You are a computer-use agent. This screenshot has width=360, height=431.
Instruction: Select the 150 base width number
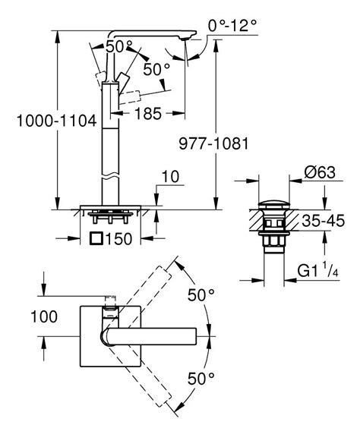pyautogui.click(x=122, y=239)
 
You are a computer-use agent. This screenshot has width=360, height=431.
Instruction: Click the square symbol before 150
pyautogui.click(x=96, y=239)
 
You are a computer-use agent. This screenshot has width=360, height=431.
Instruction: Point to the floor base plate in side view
pyautogui.click(x=112, y=206)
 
